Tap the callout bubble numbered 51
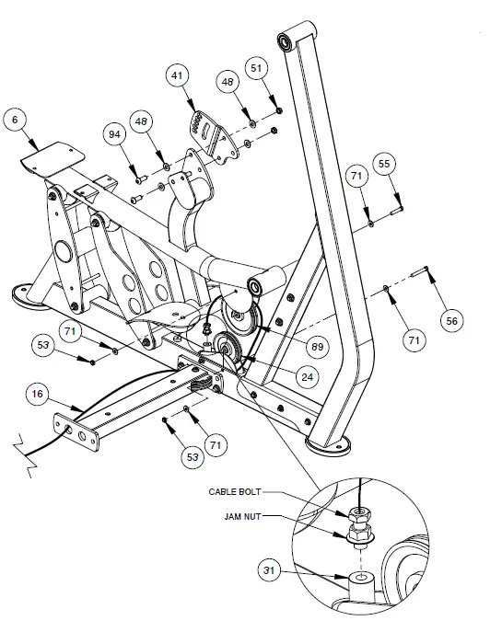pyautogui.click(x=258, y=69)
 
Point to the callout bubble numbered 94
pyautogui.click(x=115, y=135)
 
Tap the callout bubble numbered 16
pyautogui.click(x=37, y=394)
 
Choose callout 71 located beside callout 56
pyautogui.click(x=414, y=339)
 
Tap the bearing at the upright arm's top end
pyautogui.click(x=286, y=40)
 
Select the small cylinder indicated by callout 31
pyautogui.click(x=362, y=580)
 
